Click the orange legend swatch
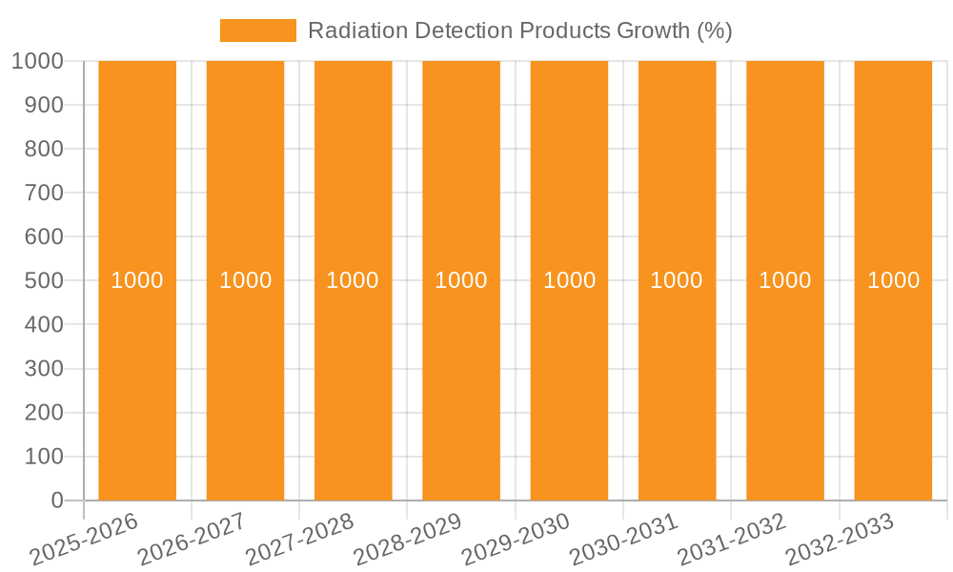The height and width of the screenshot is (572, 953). pyautogui.click(x=257, y=31)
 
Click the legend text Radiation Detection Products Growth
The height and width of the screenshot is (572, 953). pyautogui.click(x=519, y=31)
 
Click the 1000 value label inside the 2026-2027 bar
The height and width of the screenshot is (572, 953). pyautogui.click(x=246, y=280)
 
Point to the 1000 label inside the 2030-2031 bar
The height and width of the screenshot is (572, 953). pyautogui.click(x=677, y=280)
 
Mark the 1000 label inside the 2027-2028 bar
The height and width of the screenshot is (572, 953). pyautogui.click(x=353, y=280)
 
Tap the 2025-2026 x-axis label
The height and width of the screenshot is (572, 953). pyautogui.click(x=86, y=539)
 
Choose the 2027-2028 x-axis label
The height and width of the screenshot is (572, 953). pyautogui.click(x=301, y=539)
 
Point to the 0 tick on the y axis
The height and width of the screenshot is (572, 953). pyautogui.click(x=56, y=500)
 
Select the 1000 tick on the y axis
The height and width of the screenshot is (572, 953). pyautogui.click(x=37, y=61)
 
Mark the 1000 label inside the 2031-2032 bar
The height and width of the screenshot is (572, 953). pyautogui.click(x=785, y=280)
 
